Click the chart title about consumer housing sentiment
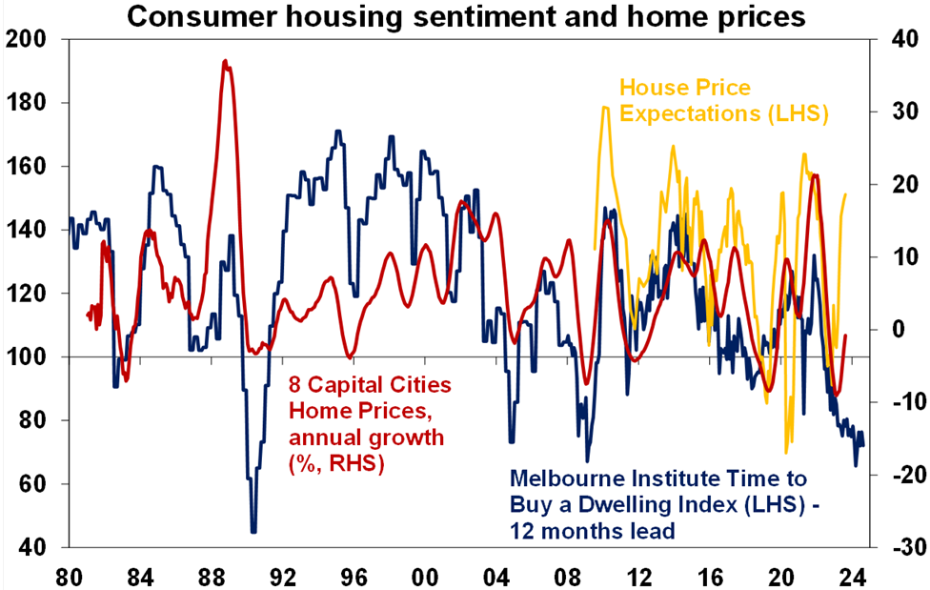pyautogui.click(x=466, y=17)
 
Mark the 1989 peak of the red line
pyautogui.click(x=225, y=61)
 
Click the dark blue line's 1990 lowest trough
pyautogui.click(x=253, y=531)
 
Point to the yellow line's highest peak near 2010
pyautogui.click(x=605, y=108)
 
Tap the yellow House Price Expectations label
pyautogui.click(x=723, y=101)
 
